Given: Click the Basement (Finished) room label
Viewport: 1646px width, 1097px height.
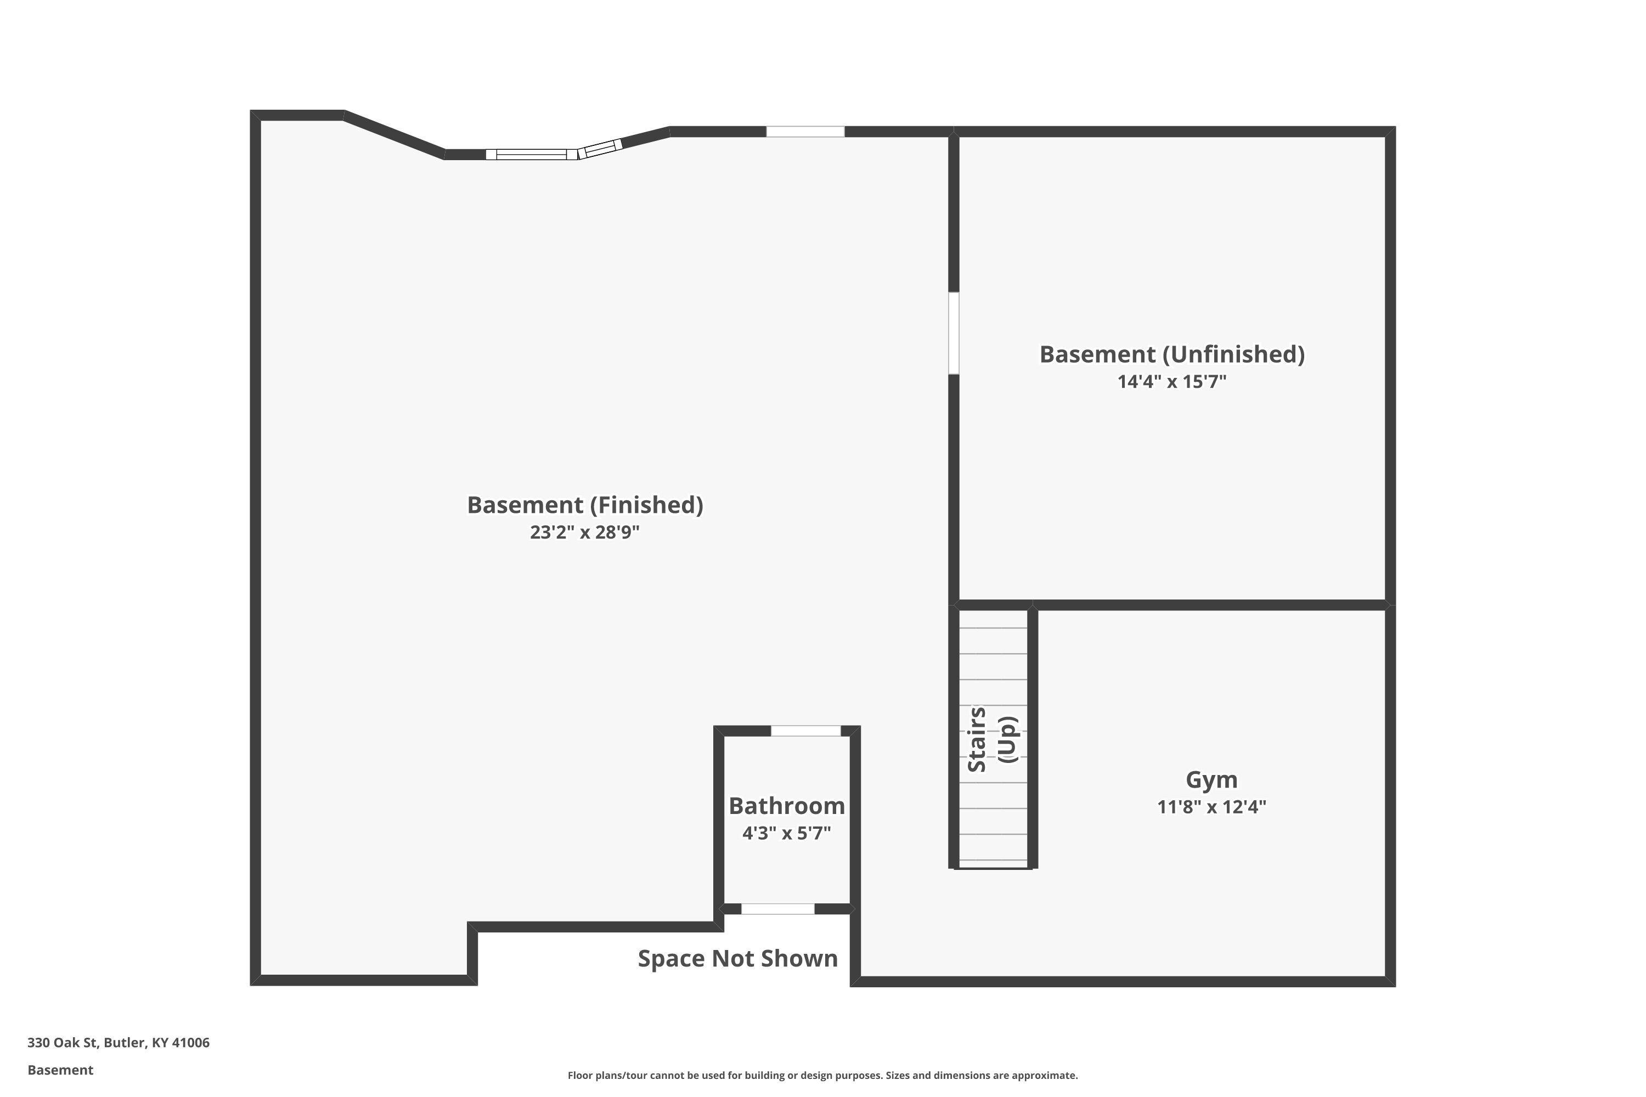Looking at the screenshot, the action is (x=585, y=506).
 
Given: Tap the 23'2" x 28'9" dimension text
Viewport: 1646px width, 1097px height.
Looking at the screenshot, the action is (x=585, y=533).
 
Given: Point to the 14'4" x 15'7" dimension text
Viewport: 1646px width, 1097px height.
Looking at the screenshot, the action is (x=1172, y=382).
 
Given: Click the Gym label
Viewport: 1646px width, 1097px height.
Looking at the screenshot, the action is (x=1211, y=780).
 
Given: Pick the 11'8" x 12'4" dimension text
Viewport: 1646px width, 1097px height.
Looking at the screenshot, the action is (x=1211, y=807).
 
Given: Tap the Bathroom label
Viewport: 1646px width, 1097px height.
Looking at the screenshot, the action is (x=787, y=806).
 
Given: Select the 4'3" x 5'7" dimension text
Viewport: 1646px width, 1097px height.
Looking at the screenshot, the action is (x=787, y=833).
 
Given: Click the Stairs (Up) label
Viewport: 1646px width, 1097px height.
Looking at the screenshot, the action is (x=993, y=739).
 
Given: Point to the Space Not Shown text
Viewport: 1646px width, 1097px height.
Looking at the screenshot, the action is (x=737, y=958).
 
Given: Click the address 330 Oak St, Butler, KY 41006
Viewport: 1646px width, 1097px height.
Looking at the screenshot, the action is (x=119, y=1043).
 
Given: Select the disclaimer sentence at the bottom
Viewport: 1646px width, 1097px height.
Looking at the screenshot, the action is (x=822, y=1075).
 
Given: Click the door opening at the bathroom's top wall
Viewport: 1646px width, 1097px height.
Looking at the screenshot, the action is (x=805, y=731).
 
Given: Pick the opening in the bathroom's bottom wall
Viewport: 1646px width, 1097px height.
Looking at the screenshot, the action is (x=777, y=909).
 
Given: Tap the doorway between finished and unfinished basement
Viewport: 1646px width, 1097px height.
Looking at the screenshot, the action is (x=953, y=333).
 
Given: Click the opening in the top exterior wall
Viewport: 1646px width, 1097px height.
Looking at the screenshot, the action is (x=805, y=132).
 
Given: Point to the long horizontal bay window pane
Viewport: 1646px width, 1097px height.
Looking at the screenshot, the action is (x=532, y=155).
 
